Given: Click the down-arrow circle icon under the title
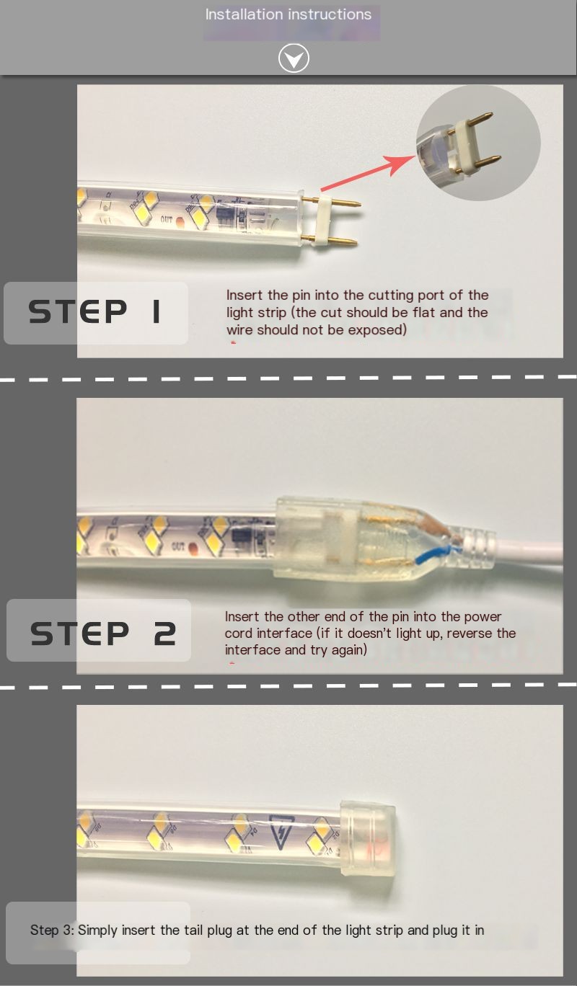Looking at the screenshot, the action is click(294, 58).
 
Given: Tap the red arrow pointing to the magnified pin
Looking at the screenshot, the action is click(369, 173).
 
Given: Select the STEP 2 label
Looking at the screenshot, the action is click(102, 634).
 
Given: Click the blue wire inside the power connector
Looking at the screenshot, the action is click(434, 555).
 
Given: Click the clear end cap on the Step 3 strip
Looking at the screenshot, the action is click(367, 840).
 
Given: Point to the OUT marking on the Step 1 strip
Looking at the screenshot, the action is click(167, 219).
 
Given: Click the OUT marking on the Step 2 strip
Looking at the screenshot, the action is click(178, 546).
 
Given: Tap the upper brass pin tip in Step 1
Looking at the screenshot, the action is click(359, 204).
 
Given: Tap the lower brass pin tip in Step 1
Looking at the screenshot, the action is click(355, 241).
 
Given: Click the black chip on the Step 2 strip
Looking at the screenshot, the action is click(241, 537).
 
